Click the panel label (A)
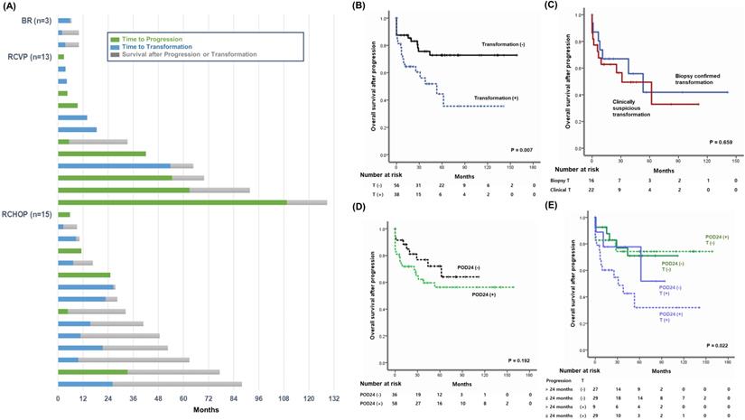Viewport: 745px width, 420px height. point(12,7)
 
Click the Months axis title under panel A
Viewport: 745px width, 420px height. point(210,409)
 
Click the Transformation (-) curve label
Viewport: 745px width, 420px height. point(505,43)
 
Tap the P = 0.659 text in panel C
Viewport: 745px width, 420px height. point(722,143)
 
